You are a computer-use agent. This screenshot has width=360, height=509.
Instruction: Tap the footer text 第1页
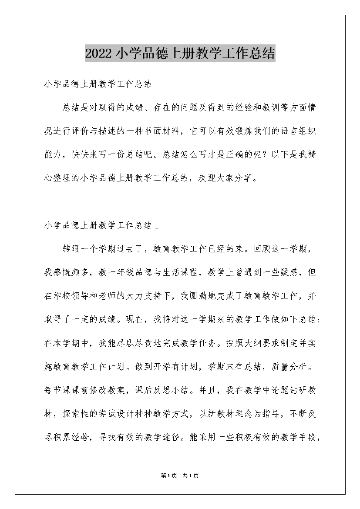click(x=168, y=476)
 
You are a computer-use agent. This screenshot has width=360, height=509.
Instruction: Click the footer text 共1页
click(x=191, y=476)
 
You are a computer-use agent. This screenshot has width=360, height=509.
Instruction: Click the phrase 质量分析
click(x=292, y=366)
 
